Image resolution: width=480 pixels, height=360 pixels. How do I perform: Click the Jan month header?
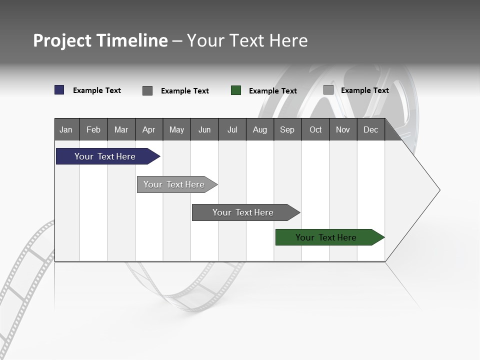66,129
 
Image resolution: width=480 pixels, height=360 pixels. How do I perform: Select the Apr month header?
149,129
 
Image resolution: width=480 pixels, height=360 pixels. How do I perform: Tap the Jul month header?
232,129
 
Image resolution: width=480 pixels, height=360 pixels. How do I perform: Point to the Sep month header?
287,129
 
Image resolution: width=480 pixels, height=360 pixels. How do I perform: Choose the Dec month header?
370,129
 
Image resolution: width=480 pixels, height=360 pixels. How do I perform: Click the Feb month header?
93,129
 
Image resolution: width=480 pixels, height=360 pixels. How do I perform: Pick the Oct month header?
315,129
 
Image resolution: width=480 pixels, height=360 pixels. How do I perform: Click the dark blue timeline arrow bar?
105,156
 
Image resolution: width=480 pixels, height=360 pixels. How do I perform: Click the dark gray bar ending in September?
243,212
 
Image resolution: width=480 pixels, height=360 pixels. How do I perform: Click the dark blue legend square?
59,90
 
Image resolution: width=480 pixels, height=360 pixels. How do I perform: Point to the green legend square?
236,90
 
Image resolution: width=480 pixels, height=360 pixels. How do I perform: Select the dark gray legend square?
147,90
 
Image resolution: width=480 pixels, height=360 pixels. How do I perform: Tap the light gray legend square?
328,90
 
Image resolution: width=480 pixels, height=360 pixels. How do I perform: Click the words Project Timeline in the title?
100,40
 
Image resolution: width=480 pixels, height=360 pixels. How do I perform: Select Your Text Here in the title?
247,40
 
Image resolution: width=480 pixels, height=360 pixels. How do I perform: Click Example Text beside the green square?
272,91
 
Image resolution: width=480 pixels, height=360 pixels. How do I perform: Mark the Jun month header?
204,129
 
